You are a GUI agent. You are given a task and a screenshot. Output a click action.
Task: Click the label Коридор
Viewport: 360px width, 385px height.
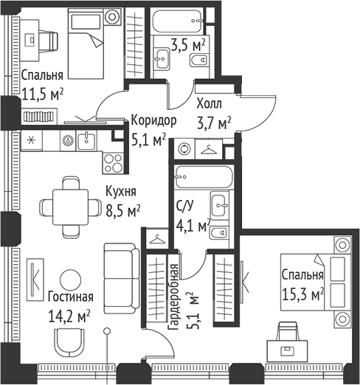tap(153, 121)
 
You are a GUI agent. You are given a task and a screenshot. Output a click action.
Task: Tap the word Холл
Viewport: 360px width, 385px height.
tap(209, 104)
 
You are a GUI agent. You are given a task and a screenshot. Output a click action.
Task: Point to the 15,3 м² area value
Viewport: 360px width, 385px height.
tap(302, 294)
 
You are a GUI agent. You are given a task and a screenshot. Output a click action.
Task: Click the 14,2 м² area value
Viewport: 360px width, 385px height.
tap(69, 316)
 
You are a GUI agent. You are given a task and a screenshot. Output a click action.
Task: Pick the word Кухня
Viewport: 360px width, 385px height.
tap(121, 192)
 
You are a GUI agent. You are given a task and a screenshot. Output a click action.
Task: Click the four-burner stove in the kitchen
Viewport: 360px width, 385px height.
tap(113, 163)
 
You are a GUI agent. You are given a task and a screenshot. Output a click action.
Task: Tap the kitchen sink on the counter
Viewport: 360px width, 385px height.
tap(86, 140)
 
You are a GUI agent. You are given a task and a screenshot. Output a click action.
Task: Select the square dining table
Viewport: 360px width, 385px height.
tap(71, 207)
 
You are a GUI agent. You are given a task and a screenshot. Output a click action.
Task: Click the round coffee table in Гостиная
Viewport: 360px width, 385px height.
tap(70, 280)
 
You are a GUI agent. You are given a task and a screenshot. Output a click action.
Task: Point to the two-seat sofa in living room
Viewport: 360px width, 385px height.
tap(122, 278)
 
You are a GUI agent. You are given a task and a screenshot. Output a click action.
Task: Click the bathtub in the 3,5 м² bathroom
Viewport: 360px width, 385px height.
tap(178, 21)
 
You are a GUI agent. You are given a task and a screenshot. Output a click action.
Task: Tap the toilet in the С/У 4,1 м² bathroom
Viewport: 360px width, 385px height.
tap(218, 232)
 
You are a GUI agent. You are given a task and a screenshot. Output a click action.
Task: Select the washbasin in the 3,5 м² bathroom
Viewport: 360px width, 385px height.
tap(162, 59)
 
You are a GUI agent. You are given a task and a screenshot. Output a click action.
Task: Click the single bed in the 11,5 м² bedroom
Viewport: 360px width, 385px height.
tap(86, 44)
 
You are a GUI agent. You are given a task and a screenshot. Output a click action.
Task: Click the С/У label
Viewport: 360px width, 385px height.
tap(185, 206)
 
